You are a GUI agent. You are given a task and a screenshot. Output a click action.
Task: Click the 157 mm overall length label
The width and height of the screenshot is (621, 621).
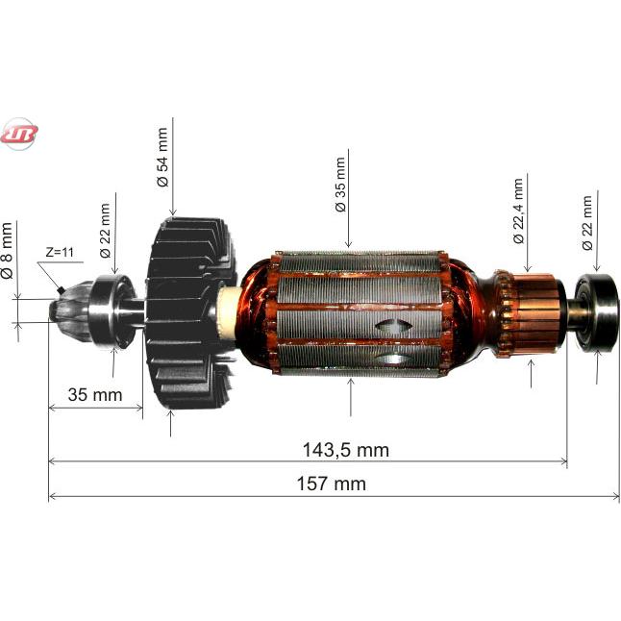(x=332, y=484)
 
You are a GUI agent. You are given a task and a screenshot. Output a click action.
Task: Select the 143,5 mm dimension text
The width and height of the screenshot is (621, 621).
(x=346, y=450)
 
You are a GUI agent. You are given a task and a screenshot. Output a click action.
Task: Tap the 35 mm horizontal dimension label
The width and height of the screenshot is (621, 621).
(x=95, y=395)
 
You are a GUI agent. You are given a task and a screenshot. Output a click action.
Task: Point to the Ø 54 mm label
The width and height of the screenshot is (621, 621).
(x=162, y=157)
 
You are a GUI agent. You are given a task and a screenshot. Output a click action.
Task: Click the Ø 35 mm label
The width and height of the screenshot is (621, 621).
(x=340, y=185)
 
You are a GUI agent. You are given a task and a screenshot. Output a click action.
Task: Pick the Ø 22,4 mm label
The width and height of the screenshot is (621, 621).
(x=518, y=211)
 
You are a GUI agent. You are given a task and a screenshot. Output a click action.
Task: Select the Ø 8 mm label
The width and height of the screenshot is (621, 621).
(x=7, y=251)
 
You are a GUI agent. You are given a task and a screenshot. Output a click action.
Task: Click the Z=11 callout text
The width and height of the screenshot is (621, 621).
(x=60, y=252)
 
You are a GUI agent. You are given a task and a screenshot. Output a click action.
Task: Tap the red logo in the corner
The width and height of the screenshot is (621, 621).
(x=18, y=134)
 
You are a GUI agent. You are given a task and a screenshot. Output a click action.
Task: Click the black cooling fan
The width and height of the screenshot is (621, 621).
(x=189, y=313)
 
